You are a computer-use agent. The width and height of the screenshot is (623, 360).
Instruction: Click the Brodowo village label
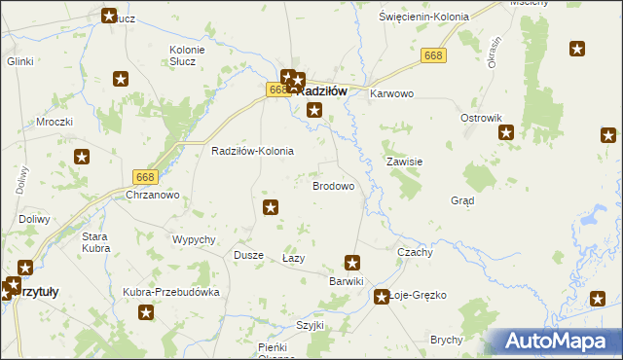click(332, 185)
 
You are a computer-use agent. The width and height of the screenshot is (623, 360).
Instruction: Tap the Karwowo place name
click(392, 93)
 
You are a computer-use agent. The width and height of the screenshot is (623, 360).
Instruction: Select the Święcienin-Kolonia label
click(424, 17)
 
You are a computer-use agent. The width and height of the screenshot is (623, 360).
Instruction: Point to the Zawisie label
click(403, 162)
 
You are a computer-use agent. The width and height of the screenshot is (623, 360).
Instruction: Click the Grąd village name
click(462, 201)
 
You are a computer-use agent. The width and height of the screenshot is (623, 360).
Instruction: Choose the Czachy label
click(416, 251)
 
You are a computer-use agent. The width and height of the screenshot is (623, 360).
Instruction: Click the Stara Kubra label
click(94, 242)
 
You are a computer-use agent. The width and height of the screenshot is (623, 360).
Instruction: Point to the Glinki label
click(19, 60)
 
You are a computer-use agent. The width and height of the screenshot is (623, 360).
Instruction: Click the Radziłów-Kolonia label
click(253, 152)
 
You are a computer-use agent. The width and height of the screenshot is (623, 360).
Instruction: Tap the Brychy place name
click(446, 340)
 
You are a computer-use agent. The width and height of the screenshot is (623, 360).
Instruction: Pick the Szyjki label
click(310, 325)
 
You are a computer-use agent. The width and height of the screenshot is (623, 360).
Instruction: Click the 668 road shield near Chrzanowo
click(145, 176)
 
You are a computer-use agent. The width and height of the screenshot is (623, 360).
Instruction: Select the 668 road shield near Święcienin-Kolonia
click(434, 56)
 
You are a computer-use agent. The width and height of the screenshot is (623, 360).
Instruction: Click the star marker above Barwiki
click(352, 262)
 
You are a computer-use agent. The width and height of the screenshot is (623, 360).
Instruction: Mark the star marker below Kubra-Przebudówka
click(146, 312)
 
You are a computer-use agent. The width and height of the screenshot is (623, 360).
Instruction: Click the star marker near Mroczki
click(83, 156)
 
